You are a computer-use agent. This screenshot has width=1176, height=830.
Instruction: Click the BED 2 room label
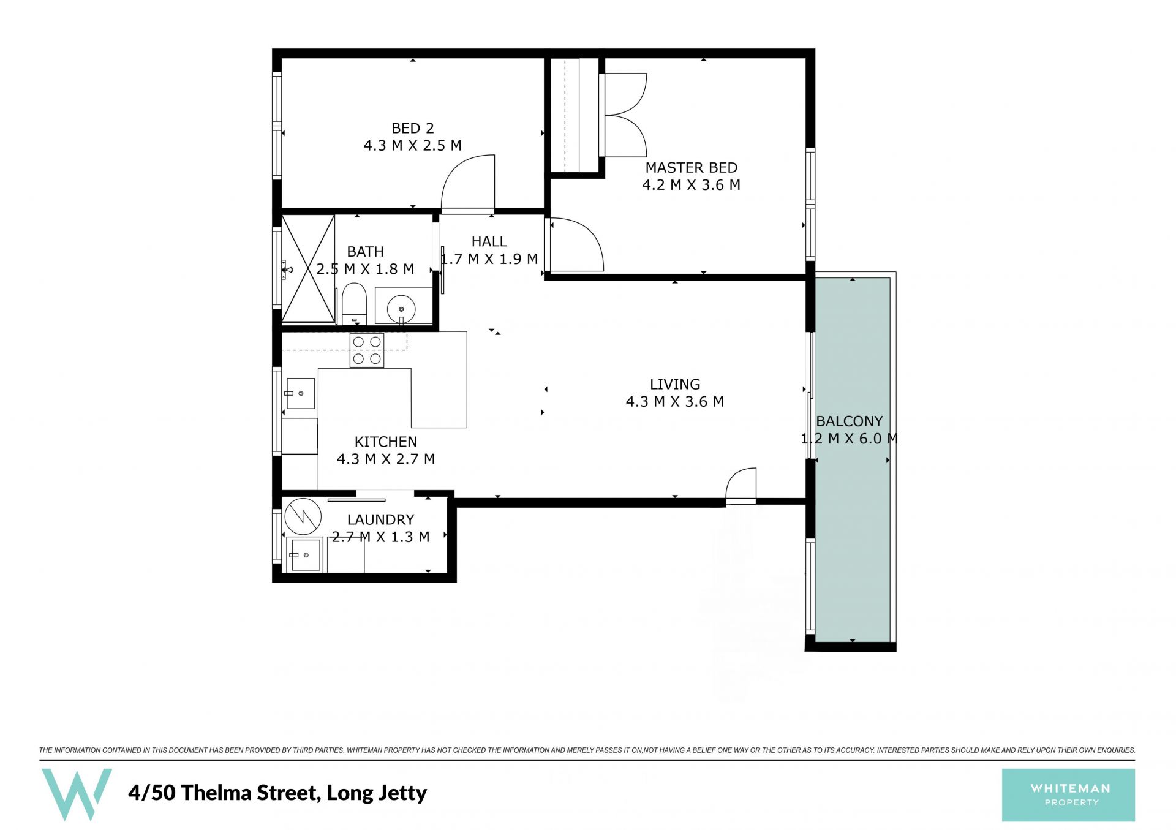(x=412, y=128)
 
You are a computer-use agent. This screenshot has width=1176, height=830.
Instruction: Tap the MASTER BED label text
(x=691, y=167)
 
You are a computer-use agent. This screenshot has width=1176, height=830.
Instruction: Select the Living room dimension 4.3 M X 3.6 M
(x=674, y=402)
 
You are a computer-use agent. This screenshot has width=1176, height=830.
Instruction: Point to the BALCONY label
(x=849, y=421)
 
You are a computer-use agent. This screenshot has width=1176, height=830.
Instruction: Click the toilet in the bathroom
(x=353, y=303)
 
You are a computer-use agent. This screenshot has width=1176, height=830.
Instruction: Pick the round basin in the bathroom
(x=401, y=309)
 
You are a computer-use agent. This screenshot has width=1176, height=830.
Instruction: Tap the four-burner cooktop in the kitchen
(x=367, y=350)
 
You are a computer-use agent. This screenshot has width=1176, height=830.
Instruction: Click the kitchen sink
(x=300, y=393)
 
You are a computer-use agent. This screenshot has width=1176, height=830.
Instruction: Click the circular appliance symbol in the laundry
(x=303, y=516)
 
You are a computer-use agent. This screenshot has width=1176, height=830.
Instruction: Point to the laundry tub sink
(x=304, y=554)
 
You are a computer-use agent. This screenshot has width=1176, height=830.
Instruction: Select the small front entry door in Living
(x=741, y=486)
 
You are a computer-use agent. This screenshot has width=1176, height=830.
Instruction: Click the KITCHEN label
(x=386, y=442)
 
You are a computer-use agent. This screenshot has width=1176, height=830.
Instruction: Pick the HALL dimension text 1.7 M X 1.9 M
(x=489, y=259)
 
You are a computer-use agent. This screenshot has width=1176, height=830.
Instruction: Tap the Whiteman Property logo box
(x=1068, y=795)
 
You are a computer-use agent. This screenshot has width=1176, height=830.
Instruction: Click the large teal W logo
(x=77, y=794)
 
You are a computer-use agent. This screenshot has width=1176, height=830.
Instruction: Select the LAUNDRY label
(x=380, y=519)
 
